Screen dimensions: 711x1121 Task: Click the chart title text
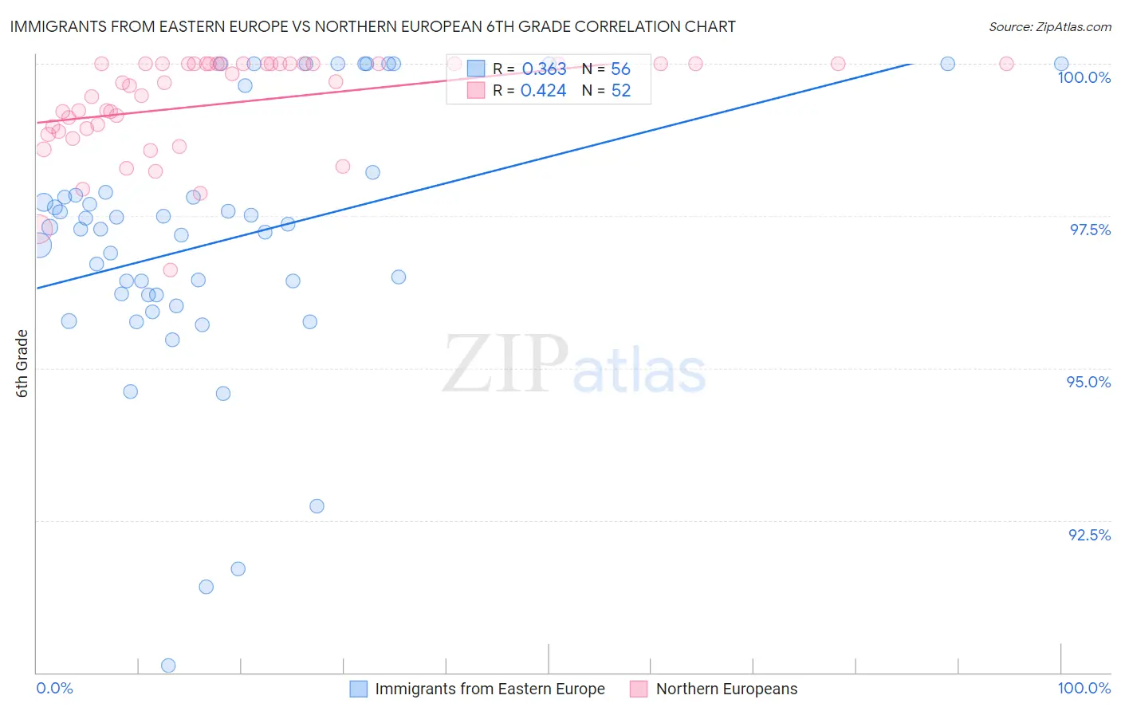coord(373,26)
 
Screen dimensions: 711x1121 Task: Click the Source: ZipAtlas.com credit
coord(1049,26)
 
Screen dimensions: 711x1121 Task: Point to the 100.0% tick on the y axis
coord(1084,77)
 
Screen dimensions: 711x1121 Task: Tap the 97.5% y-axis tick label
coord(1090,230)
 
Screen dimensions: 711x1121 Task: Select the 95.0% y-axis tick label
coord(1088,382)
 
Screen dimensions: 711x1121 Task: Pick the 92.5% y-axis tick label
coord(1089,535)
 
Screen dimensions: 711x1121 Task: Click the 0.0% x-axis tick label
coord(54,688)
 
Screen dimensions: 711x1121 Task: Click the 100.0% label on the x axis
coord(1084,688)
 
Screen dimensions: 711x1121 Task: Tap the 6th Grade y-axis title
coord(22,363)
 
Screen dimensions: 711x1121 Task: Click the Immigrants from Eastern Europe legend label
coord(490,689)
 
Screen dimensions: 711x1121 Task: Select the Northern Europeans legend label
coord(726,689)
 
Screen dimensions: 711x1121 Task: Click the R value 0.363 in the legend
coord(544,69)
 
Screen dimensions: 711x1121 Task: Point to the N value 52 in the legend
coord(621,91)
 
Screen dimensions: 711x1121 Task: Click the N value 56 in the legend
coord(620,69)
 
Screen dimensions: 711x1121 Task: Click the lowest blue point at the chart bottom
coord(168,666)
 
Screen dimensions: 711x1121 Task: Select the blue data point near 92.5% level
coord(317,506)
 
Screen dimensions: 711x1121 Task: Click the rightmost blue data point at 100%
coord(1061,64)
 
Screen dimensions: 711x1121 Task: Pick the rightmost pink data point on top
coord(1006,64)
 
